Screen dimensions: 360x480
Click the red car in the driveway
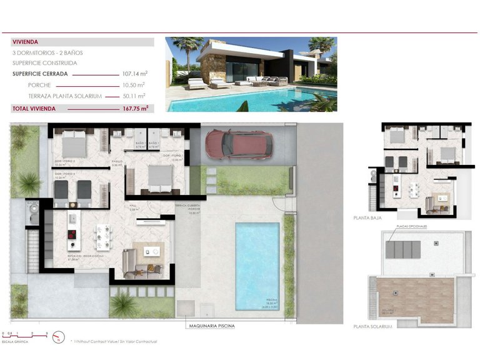(x=239, y=144)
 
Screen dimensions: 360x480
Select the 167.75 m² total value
(x=135, y=108)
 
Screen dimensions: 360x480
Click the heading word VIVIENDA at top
(x=26, y=42)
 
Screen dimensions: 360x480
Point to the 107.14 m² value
(x=134, y=74)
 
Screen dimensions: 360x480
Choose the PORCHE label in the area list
(x=39, y=84)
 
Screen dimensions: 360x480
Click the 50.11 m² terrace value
(x=134, y=96)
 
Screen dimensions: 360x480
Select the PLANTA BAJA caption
(x=366, y=219)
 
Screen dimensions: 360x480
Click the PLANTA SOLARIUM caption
(x=372, y=326)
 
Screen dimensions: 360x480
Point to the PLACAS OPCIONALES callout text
(x=407, y=227)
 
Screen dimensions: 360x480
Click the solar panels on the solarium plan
(x=403, y=249)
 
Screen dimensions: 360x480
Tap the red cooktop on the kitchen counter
(x=71, y=235)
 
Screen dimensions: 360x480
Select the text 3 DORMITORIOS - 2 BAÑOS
(x=47, y=52)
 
